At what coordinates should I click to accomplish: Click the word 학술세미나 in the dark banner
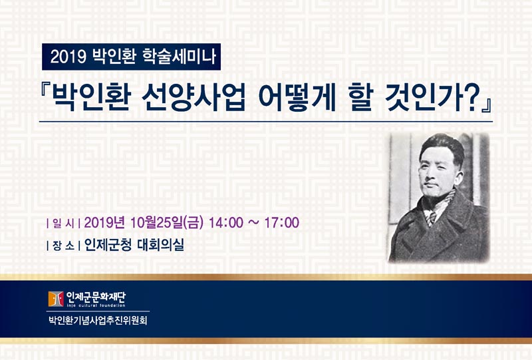coord(179,57)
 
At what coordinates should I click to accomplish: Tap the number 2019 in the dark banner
coord(68,57)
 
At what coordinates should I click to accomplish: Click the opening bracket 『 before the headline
coord(45,91)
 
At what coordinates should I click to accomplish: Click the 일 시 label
coord(63,224)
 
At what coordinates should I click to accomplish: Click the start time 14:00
coord(226,223)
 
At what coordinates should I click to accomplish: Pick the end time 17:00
coord(281,223)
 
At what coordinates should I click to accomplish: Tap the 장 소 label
coord(63,246)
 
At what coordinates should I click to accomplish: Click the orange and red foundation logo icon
coord(56,299)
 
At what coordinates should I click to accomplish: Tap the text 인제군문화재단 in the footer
coord(96,297)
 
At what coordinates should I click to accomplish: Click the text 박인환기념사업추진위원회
coord(98,320)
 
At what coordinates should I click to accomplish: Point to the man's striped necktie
coord(431,218)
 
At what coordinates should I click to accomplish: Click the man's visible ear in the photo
coord(459,178)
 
